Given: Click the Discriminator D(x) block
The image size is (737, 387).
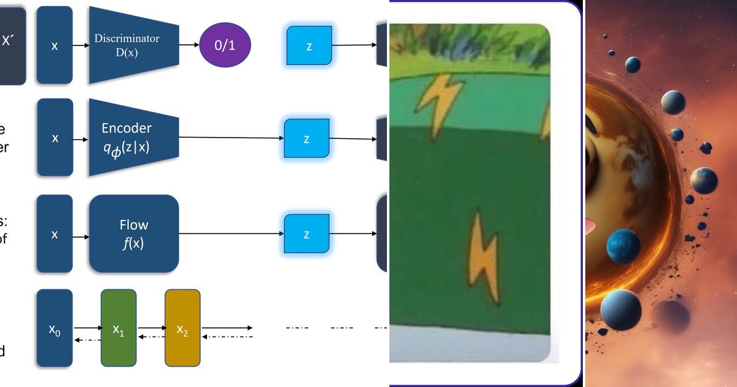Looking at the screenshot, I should coord(132,45).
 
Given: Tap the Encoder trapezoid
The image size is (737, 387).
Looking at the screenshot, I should coord(132,138).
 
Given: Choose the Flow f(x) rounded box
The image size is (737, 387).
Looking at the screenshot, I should coord(134,233).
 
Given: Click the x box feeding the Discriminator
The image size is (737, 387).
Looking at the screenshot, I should coord(55,45).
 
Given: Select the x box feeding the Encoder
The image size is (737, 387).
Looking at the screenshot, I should coord(55,138).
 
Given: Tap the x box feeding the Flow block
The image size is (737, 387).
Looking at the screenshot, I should coord(55,234).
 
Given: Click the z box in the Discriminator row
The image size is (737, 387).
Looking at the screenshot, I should coord(309,45).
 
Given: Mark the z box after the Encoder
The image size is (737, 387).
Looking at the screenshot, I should coord(306,138).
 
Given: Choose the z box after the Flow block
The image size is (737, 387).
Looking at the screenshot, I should coord(306,234).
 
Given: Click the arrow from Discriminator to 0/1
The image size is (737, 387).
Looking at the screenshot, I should coord(189,45).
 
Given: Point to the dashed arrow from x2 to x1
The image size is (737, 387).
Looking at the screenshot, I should coord(150,336).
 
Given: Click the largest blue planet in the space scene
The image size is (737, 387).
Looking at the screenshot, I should coord(623,246).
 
